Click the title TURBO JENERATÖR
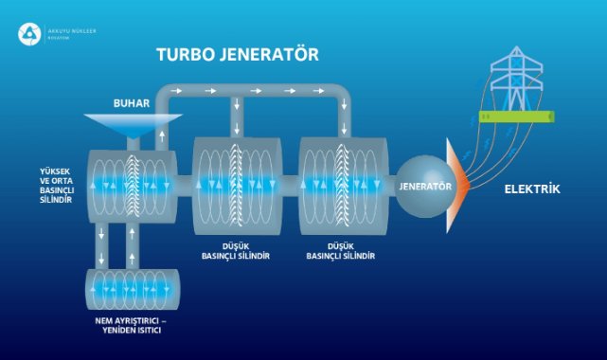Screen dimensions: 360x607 click(237, 54)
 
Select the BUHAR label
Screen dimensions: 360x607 click(132, 102)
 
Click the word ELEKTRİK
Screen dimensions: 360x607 click(531, 189)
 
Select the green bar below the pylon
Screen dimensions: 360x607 click(517, 117)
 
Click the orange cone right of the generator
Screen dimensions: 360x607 click(457, 186)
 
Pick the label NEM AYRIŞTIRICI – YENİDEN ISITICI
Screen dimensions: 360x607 click(132, 327)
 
